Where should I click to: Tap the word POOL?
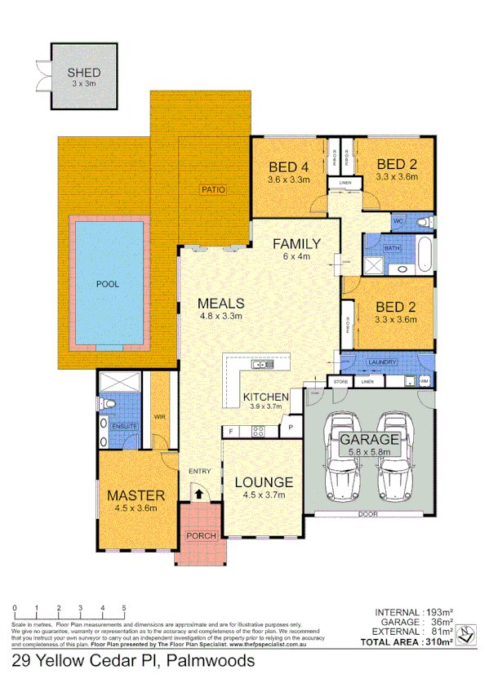pyautogui.click(x=107, y=285)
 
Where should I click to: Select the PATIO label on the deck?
pyautogui.click(x=211, y=190)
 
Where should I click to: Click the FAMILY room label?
pyautogui.click(x=296, y=243)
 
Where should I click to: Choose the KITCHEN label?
pyautogui.click(x=266, y=397)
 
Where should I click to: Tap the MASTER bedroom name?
pyautogui.click(x=136, y=495)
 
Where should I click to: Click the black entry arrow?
pyautogui.click(x=198, y=492)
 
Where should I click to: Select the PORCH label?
pyautogui.click(x=201, y=536)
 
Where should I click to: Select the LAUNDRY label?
pyautogui.click(x=382, y=362)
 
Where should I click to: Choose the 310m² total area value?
pyautogui.click(x=438, y=642)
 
